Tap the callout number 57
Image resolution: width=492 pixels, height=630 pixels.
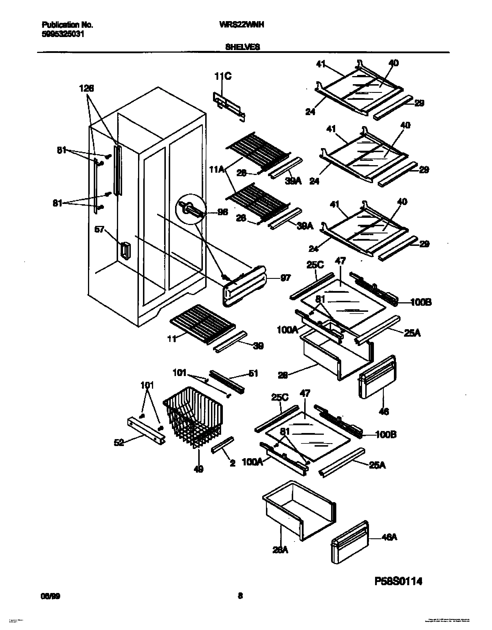(100, 230)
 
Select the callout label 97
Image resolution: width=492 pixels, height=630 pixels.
(285, 278)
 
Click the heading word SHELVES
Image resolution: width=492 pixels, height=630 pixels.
(243, 47)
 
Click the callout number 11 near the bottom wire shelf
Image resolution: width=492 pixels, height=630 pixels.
(172, 339)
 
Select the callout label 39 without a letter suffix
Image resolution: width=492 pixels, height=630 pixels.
(258, 346)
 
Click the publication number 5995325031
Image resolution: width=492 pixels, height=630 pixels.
(63, 34)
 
